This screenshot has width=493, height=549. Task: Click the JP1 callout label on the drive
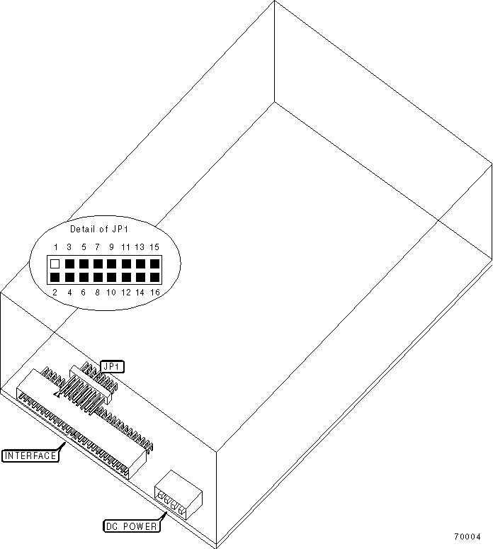[112, 366]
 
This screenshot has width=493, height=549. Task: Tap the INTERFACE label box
[30, 455]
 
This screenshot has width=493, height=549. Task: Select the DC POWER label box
[131, 526]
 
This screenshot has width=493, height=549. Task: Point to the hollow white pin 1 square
[55, 264]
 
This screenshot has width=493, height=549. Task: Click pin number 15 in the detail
[154, 247]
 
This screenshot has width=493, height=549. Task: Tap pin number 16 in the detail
[154, 292]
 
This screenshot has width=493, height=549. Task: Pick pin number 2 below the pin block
[55, 292]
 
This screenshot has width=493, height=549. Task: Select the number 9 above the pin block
[111, 247]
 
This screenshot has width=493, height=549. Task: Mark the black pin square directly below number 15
[154, 264]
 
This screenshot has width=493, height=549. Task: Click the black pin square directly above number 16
[154, 277]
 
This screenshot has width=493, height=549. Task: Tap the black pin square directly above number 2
[55, 277]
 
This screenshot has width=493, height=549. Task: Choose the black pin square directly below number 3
[69, 264]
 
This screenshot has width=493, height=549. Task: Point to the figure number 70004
[468, 536]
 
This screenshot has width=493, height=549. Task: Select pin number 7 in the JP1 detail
[97, 247]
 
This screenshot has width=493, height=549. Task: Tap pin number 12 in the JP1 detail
[125, 292]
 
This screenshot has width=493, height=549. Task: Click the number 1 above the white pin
[55, 247]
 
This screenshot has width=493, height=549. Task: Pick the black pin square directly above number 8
[97, 277]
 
